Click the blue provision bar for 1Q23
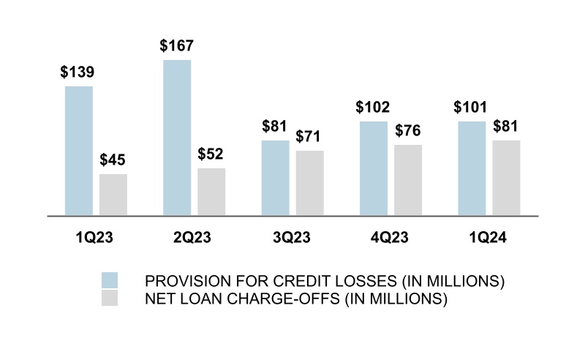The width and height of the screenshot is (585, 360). point(79,151)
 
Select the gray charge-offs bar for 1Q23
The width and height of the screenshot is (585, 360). point(113,195)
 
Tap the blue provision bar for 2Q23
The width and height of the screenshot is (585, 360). point(177,138)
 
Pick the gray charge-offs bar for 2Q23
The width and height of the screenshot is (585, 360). point(211,192)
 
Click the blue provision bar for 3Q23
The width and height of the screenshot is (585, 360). point(276,178)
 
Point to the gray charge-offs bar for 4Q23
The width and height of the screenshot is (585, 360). point(408,180)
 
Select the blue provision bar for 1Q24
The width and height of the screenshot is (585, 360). point(472,168)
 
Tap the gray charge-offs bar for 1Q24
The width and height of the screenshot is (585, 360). point(506,178)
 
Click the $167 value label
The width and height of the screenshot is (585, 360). point(177,45)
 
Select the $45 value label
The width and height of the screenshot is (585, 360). point(113,160)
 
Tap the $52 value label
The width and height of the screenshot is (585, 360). point(211,154)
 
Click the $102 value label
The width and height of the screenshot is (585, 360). point(373,107)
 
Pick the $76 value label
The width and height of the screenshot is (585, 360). point(408,130)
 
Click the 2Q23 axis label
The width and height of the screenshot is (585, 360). point(194,238)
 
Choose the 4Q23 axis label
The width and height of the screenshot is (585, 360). point(390,238)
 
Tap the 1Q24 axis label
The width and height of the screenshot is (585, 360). point(488,238)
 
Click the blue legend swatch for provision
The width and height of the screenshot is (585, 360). point(110,281)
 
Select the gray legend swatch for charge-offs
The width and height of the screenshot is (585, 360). point(110,298)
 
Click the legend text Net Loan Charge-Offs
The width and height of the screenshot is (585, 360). point(295,299)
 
